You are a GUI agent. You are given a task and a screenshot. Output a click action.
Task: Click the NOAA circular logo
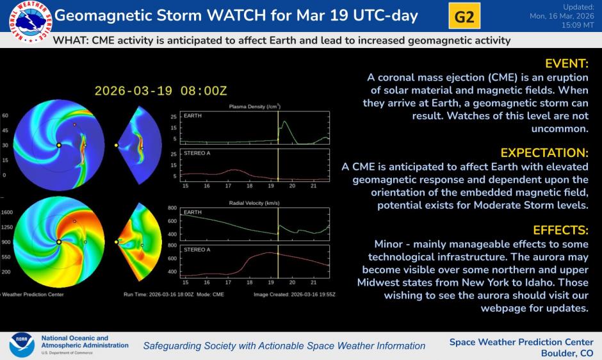(21, 345)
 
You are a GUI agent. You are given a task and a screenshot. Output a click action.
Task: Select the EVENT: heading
(566, 63)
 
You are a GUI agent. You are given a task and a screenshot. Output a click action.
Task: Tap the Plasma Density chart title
(254, 106)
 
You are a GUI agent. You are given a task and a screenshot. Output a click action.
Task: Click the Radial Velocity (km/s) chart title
(254, 202)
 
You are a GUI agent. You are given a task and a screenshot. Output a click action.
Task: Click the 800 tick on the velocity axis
(172, 208)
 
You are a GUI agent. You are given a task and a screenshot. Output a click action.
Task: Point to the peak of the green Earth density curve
(284, 122)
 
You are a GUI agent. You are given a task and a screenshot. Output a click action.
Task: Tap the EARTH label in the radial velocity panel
(191, 211)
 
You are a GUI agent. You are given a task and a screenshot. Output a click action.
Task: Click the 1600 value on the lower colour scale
(7, 212)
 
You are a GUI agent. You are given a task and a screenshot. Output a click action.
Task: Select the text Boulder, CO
(567, 353)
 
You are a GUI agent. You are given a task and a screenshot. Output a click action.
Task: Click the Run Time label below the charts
(136, 295)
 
